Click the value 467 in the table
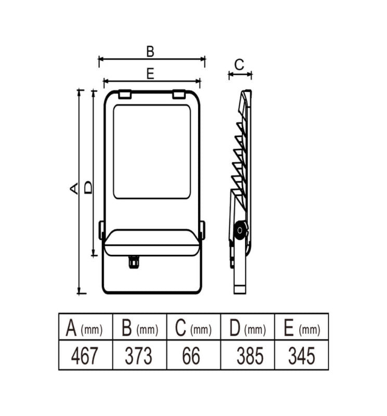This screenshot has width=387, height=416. (x=84, y=356)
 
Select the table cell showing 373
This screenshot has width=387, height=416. (x=138, y=356)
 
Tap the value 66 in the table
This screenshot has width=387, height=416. (x=191, y=356)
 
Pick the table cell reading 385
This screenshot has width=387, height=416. (x=250, y=356)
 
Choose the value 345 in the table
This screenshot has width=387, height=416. (x=302, y=356)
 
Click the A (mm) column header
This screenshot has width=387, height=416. (x=84, y=328)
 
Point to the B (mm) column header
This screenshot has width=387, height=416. (x=139, y=328)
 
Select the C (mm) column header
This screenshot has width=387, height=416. (x=193, y=328)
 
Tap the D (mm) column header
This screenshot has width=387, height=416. (x=248, y=328)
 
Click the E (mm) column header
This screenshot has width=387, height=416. (x=302, y=328)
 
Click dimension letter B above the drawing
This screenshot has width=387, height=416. (x=150, y=51)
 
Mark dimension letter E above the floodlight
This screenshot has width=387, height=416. (x=150, y=73)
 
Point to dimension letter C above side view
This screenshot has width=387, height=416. (x=239, y=64)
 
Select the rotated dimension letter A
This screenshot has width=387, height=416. (x=74, y=188)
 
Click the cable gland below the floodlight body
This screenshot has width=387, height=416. (x=134, y=262)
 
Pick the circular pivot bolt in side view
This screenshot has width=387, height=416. (x=240, y=230)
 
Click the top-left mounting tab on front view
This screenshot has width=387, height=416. (x=124, y=95)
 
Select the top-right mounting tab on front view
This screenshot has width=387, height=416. (x=178, y=95)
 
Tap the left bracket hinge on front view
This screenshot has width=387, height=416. (x=101, y=230)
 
